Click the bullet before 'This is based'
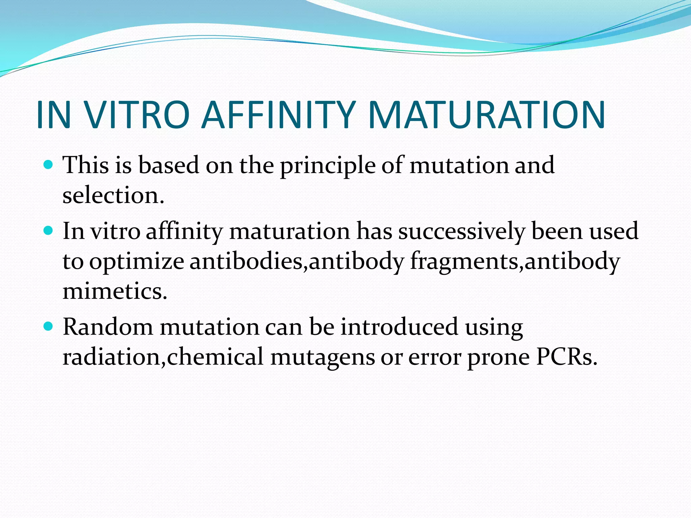pyautogui.click(x=49, y=165)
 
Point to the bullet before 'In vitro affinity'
pyautogui.click(x=49, y=231)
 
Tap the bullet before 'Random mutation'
pyautogui.click(x=49, y=326)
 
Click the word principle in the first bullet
pyautogui.click(x=328, y=166)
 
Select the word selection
pyautogui.click(x=113, y=196)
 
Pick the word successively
pyautogui.click(x=462, y=232)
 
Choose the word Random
pyautogui.click(x=108, y=327)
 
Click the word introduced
pyautogui.click(x=399, y=327)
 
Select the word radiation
pyautogui.click(x=111, y=357)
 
